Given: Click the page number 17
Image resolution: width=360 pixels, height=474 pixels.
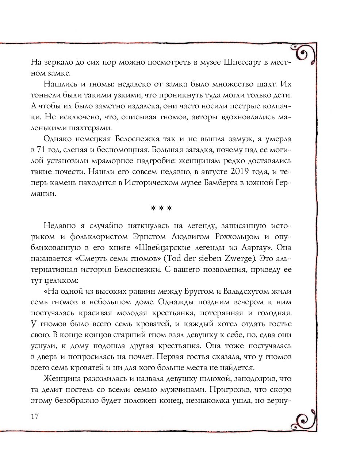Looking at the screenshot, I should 35,416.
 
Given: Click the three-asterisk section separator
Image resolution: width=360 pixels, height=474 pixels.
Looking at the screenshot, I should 161,209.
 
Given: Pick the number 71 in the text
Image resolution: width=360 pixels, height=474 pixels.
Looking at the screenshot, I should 44,150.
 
